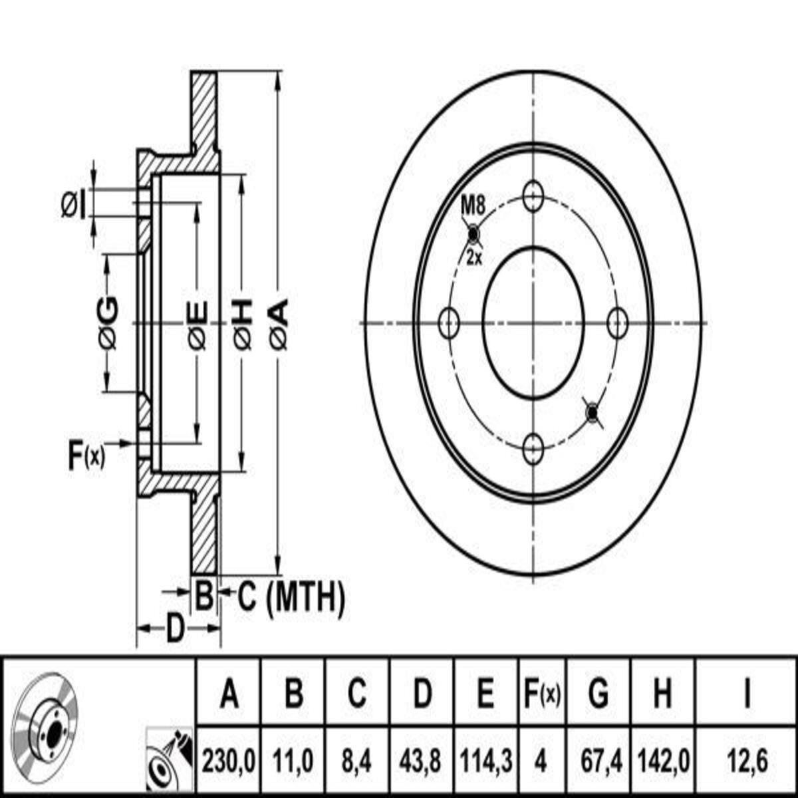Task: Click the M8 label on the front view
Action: (x=473, y=205)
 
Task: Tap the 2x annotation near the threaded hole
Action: (x=475, y=259)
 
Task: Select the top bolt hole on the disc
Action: (x=533, y=197)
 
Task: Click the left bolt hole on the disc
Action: (x=450, y=323)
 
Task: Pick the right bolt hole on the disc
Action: (x=617, y=323)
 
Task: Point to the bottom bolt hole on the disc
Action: (x=533, y=450)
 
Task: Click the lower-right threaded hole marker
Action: (x=593, y=412)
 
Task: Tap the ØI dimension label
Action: (x=74, y=205)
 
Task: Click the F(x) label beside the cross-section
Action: (x=86, y=455)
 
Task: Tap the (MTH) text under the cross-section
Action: (x=306, y=598)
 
